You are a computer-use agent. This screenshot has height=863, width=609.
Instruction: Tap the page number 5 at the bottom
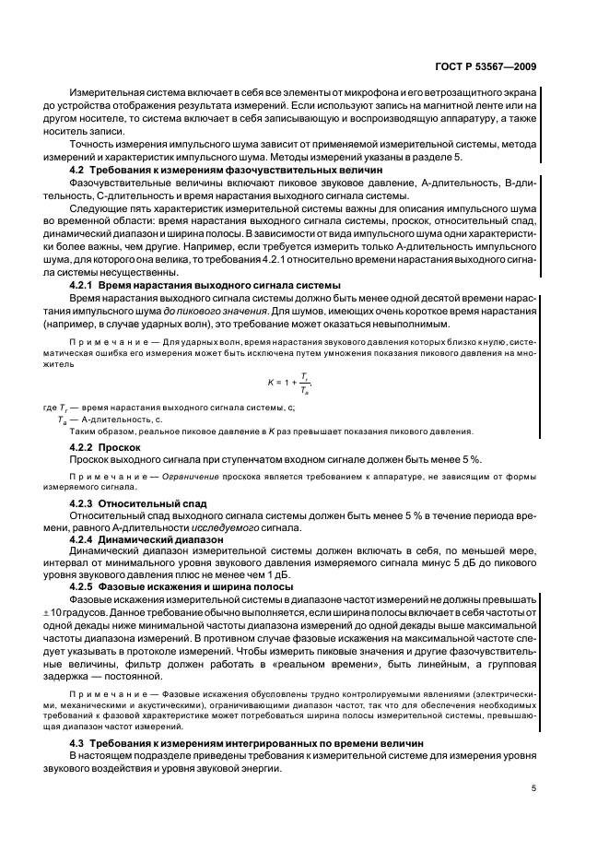534,788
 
